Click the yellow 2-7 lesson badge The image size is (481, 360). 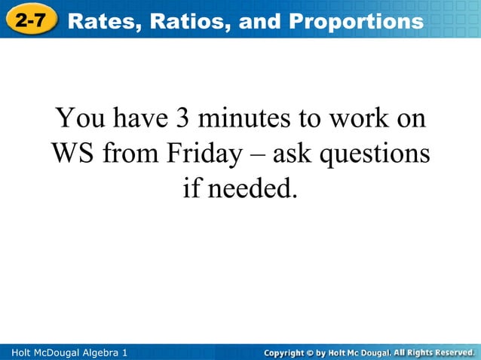coord(31,20)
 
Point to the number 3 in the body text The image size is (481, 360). coord(183,118)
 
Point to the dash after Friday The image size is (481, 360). coord(255,155)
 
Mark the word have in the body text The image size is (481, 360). coord(142,118)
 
